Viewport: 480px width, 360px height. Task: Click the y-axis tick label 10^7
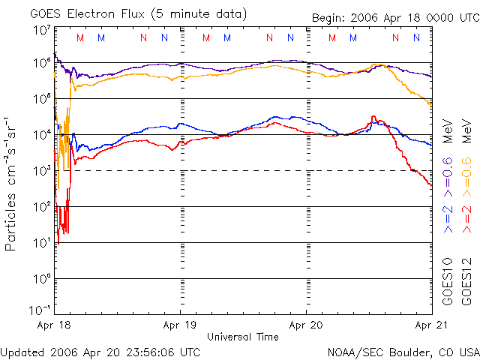[41, 31]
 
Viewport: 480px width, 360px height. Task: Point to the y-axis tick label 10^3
[41, 170]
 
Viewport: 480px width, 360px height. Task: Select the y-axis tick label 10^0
[41, 278]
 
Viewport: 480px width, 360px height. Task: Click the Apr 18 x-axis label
[53, 325]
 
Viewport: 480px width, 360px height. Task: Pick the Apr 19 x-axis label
[180, 325]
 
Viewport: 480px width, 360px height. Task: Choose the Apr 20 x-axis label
[306, 325]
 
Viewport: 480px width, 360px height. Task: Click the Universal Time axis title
[242, 337]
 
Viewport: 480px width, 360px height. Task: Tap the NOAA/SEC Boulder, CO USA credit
[403, 351]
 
